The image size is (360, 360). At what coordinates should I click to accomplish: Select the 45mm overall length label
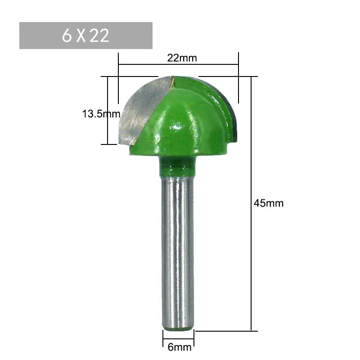(x=269, y=203)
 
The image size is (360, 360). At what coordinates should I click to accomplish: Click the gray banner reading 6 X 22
(x=85, y=36)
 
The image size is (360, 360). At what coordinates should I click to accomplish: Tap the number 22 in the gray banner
(x=99, y=36)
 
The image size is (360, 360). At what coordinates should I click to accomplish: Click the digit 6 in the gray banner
(x=67, y=36)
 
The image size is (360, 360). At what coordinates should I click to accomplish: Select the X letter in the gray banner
(x=81, y=36)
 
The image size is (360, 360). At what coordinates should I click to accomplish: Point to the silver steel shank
(x=178, y=247)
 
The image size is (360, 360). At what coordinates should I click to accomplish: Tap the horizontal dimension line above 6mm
(x=178, y=336)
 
